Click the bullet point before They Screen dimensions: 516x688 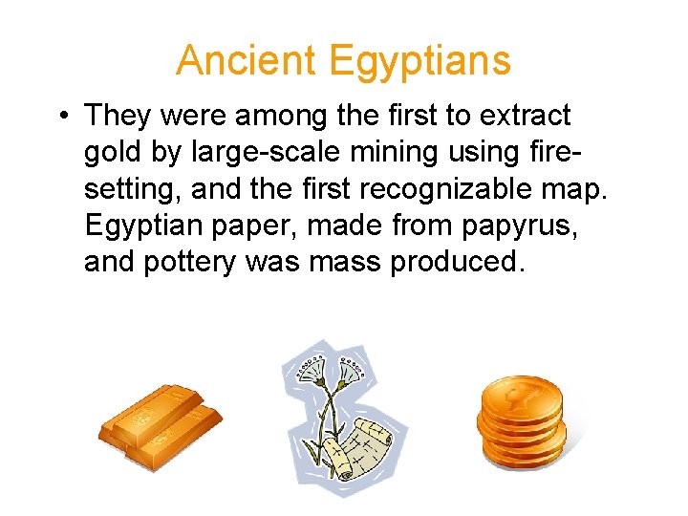[x=60, y=117]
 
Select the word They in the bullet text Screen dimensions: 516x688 [x=118, y=117]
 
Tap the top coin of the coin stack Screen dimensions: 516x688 [x=520, y=393]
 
